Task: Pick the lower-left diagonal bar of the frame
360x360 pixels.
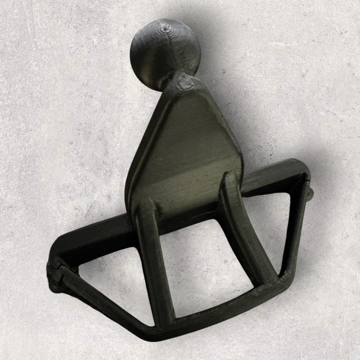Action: click(x=103, y=301)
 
